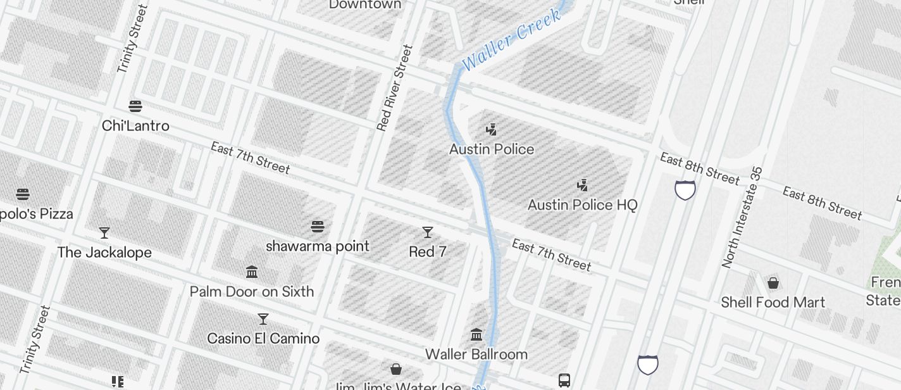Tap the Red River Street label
(x=394, y=88)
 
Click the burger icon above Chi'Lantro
(x=135, y=106)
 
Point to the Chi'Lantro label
(x=135, y=126)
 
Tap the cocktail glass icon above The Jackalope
(x=104, y=233)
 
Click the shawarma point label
(x=318, y=246)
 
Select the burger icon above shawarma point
(x=318, y=226)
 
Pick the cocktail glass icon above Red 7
(x=428, y=232)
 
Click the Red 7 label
(x=428, y=252)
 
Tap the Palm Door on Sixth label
(x=252, y=292)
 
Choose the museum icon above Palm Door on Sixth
(x=252, y=272)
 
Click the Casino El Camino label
(x=263, y=339)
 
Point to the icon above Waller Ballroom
(x=476, y=334)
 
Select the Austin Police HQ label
(x=582, y=205)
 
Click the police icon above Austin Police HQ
(x=582, y=186)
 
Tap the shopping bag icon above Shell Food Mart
(x=773, y=283)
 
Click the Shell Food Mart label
(x=773, y=303)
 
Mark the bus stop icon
(x=564, y=381)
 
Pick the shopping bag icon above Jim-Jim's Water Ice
(x=396, y=369)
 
